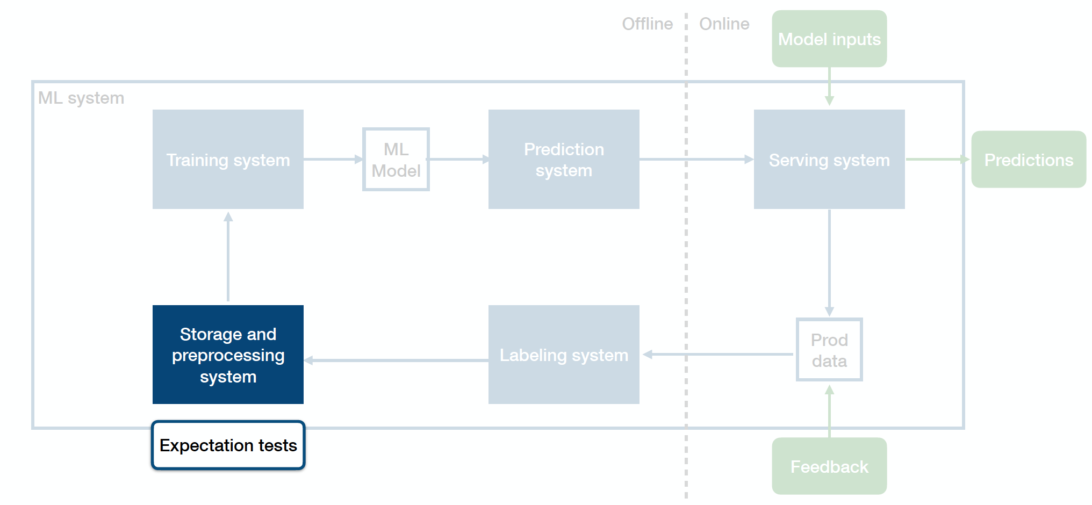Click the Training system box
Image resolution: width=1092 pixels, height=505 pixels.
click(228, 159)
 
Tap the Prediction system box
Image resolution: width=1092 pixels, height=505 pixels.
click(564, 159)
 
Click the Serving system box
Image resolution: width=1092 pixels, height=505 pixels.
click(829, 159)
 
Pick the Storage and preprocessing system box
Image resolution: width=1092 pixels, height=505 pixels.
click(228, 355)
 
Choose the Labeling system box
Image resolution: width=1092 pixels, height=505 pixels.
click(564, 355)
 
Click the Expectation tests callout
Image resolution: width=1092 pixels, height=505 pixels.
click(228, 445)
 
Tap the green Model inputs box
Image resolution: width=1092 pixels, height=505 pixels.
click(829, 39)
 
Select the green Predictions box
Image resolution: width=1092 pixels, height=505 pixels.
click(1029, 160)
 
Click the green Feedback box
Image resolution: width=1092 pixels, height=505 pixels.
click(829, 466)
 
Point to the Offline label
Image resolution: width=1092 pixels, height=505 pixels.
click(647, 24)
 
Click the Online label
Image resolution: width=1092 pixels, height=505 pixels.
click(724, 24)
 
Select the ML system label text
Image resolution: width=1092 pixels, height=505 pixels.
click(81, 98)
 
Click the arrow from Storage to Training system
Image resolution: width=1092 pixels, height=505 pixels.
click(228, 256)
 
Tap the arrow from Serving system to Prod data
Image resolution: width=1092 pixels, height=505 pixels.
click(829, 263)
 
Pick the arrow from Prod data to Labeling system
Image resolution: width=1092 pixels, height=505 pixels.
click(718, 354)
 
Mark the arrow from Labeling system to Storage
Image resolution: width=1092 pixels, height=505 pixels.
click(396, 360)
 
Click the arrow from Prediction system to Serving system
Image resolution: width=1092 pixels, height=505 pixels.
click(696, 159)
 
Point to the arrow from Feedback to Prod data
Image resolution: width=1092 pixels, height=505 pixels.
click(829, 411)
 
